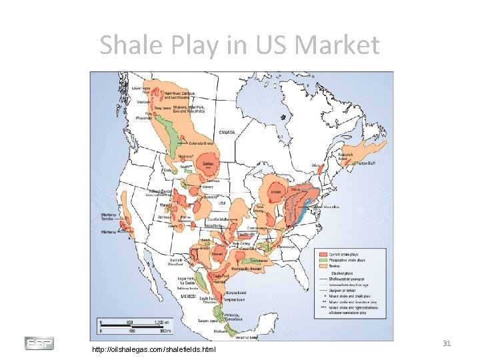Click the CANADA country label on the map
[227, 133]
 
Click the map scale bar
[134, 327]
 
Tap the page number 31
[447, 343]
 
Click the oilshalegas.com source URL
[154, 349]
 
